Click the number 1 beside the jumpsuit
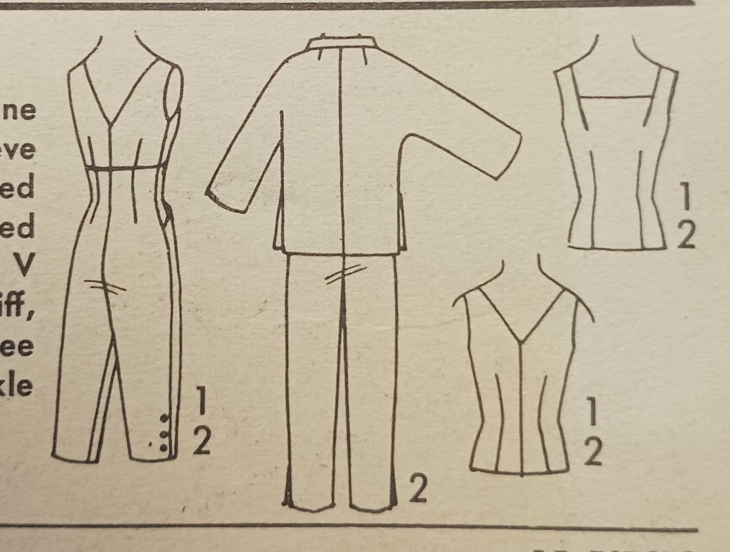pos(200,401)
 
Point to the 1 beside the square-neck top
pos(685,199)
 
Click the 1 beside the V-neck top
pos(591,414)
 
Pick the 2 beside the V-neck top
pos(592,452)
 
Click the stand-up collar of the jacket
pos(341,44)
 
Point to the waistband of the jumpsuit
pos(127,168)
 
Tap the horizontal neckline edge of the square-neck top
pos(616,97)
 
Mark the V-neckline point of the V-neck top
pos(521,342)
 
